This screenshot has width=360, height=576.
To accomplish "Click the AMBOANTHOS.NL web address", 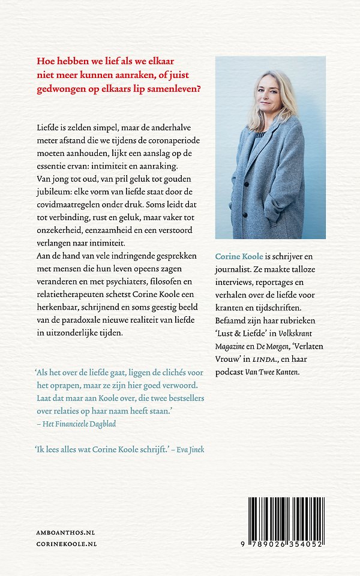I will (65, 532).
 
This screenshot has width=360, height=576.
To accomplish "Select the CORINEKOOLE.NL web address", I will (67, 544).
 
